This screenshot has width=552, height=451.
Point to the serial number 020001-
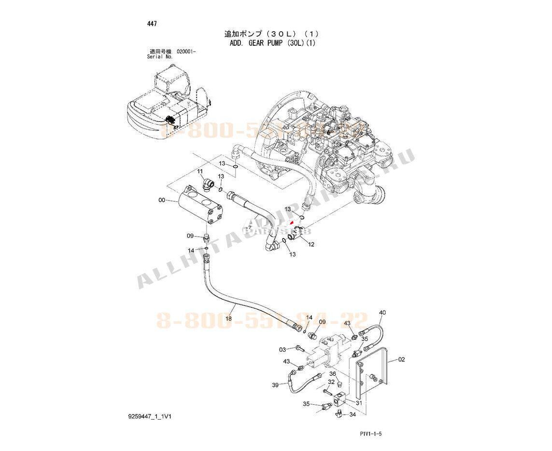[x=186, y=51]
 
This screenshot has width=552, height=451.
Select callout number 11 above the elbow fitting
[x=200, y=172]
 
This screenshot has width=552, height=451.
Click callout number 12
[x=311, y=244]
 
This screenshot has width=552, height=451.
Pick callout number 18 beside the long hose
[x=229, y=318]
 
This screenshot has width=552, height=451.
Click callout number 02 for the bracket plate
[x=401, y=359]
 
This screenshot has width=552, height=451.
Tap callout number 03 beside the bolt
[x=283, y=349]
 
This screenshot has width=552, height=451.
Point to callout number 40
[x=382, y=313]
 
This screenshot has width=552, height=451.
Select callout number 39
[x=275, y=385]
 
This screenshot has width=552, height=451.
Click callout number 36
[x=333, y=374]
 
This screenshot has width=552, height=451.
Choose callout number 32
[x=331, y=382]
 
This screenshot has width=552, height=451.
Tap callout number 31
[x=359, y=403]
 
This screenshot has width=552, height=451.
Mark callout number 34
[x=353, y=414]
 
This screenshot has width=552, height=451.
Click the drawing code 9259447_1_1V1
[x=150, y=416]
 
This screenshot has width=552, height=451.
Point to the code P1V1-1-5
[x=371, y=434]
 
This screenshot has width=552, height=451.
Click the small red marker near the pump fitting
[x=291, y=222]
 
